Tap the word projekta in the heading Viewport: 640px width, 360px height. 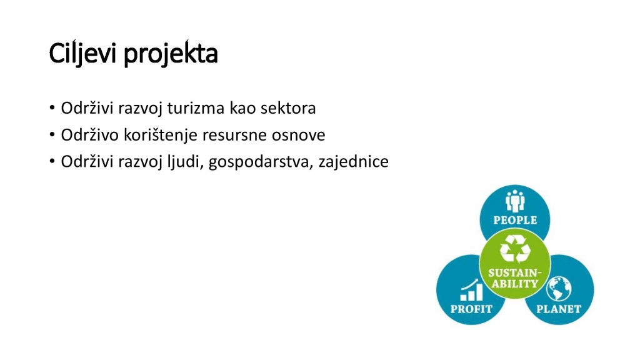coord(171,54)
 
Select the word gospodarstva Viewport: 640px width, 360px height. coord(261,162)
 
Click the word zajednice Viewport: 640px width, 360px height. coord(354,162)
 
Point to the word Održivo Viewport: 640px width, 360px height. coord(90,135)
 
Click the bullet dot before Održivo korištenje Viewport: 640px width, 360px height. coord(52,134)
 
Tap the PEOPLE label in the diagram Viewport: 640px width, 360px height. coord(515,220)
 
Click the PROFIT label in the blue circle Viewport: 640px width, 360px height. coord(471,309)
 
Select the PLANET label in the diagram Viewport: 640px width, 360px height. coord(558,309)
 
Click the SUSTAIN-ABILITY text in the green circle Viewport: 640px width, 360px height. coord(515,278)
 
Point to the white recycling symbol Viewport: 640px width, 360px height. coord(515,249)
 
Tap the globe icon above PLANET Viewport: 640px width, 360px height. coord(559,289)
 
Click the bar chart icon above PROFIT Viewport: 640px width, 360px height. coord(471,290)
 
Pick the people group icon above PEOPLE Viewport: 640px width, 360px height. coord(515,201)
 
